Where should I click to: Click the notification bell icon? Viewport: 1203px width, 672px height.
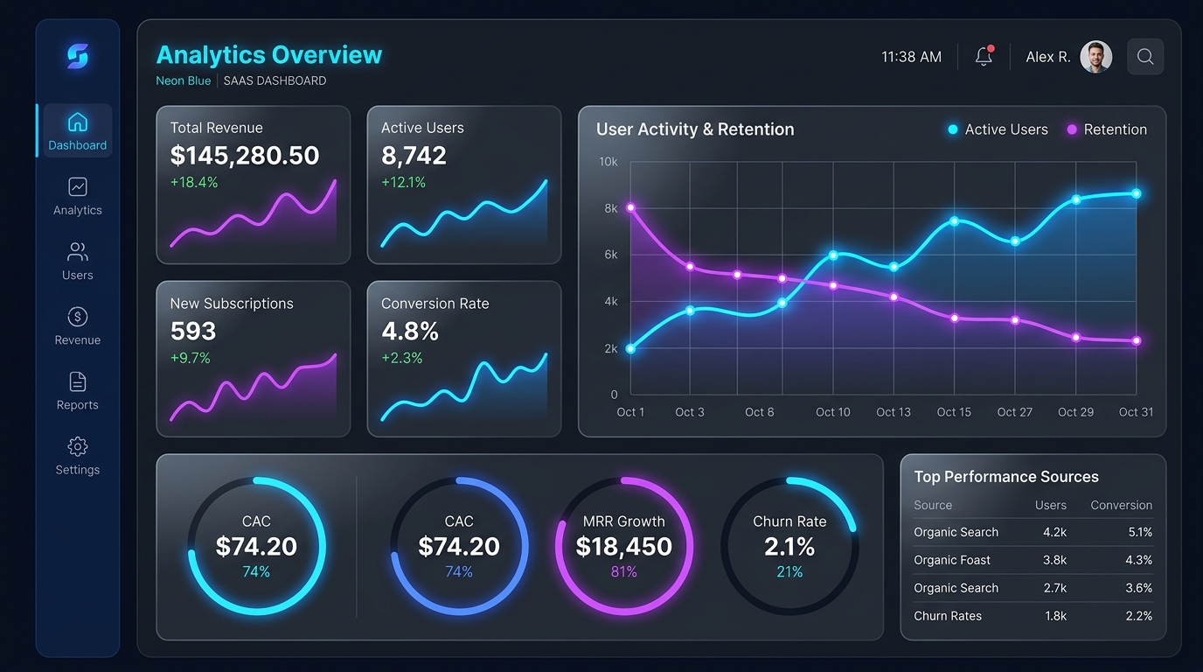point(984,56)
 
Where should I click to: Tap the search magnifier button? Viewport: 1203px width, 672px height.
point(1145,57)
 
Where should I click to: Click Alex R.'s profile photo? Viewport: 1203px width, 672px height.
point(1095,57)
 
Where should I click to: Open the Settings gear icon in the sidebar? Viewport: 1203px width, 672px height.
point(77,446)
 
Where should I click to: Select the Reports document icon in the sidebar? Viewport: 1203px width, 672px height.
point(77,381)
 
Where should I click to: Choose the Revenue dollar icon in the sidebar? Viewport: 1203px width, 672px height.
point(77,317)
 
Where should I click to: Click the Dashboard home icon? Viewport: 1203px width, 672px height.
point(77,122)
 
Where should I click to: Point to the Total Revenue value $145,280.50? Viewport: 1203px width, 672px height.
point(245,156)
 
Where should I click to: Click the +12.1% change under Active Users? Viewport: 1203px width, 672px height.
point(403,182)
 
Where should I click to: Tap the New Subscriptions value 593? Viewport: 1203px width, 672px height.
point(193,331)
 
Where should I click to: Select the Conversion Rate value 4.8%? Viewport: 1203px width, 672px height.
point(410,331)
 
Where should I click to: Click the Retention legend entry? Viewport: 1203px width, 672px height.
point(1107,129)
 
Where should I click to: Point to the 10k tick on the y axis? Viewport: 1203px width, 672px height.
point(608,162)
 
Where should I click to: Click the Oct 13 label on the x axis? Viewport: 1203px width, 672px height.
point(894,412)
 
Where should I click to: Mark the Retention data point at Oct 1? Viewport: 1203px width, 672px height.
point(630,207)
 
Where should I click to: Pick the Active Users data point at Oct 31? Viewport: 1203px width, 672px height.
point(1137,193)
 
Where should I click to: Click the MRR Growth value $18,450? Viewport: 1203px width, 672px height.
point(623,547)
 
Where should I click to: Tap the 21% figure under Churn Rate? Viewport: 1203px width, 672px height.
point(789,572)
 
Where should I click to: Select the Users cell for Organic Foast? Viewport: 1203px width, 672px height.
point(1054,560)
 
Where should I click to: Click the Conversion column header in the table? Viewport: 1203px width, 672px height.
point(1121,506)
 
